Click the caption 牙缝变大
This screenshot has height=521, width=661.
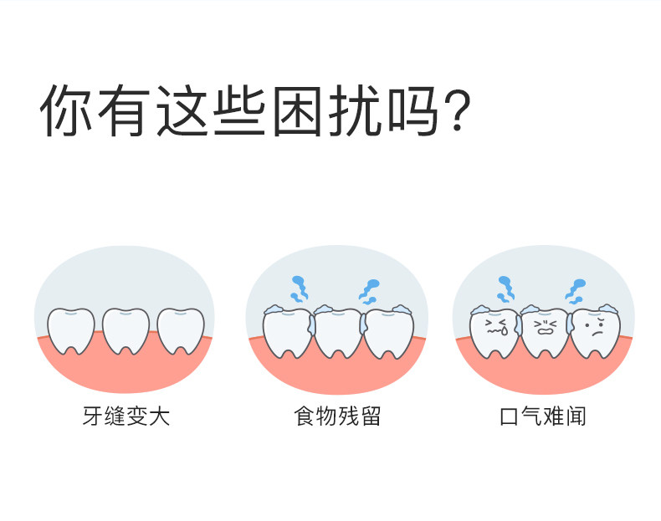pyautogui.click(x=126, y=416)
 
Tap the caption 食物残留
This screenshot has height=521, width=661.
pyautogui.click(x=337, y=416)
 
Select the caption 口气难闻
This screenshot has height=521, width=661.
pyautogui.click(x=542, y=416)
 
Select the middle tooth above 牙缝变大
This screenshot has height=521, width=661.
pyautogui.click(x=126, y=329)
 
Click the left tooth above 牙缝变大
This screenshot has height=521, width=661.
pyautogui.click(x=71, y=329)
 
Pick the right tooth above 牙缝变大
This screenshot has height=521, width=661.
pyautogui.click(x=181, y=329)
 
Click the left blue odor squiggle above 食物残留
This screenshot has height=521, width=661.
pyautogui.click(x=298, y=289)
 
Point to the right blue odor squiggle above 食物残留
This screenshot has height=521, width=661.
pyautogui.click(x=370, y=289)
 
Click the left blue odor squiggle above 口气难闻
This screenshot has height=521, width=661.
pyautogui.click(x=505, y=289)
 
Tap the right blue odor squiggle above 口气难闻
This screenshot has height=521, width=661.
pyautogui.click(x=575, y=289)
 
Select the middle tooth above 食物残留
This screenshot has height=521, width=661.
pyautogui.click(x=337, y=332)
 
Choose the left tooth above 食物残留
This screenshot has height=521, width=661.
pyautogui.click(x=286, y=332)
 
